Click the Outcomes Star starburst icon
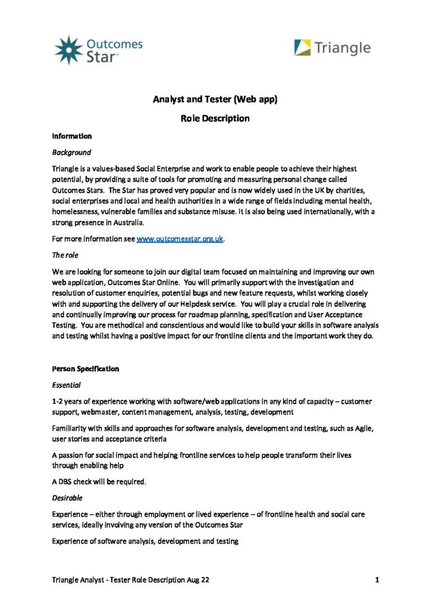point(68,49)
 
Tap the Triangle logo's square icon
point(302,48)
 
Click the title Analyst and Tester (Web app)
point(215,99)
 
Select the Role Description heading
point(215,118)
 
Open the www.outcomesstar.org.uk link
point(180,239)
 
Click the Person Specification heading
point(86,369)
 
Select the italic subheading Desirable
point(67,497)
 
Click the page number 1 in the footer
point(377,579)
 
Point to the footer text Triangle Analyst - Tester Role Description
point(130,579)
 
